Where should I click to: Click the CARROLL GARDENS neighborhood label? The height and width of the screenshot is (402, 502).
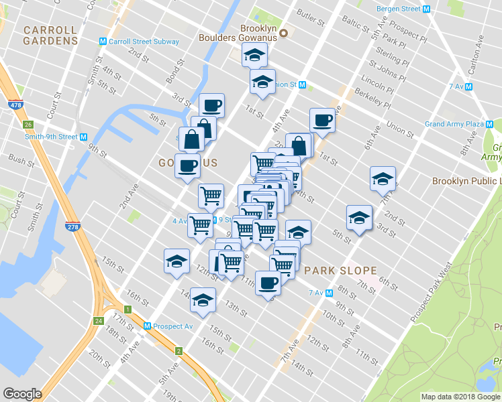(50, 36)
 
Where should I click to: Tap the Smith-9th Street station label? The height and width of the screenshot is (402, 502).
(50, 137)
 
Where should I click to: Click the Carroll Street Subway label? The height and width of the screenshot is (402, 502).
(144, 42)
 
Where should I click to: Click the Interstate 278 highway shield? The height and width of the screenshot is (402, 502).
(72, 226)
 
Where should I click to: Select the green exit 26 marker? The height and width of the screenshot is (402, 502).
(28, 125)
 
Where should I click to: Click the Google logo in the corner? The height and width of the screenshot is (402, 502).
(22, 394)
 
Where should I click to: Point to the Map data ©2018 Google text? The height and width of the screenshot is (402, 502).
(460, 397)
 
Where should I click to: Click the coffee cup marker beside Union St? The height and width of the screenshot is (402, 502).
(322, 121)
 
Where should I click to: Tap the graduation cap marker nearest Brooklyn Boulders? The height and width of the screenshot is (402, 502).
(254, 56)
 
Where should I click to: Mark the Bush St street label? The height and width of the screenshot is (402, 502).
(22, 162)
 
